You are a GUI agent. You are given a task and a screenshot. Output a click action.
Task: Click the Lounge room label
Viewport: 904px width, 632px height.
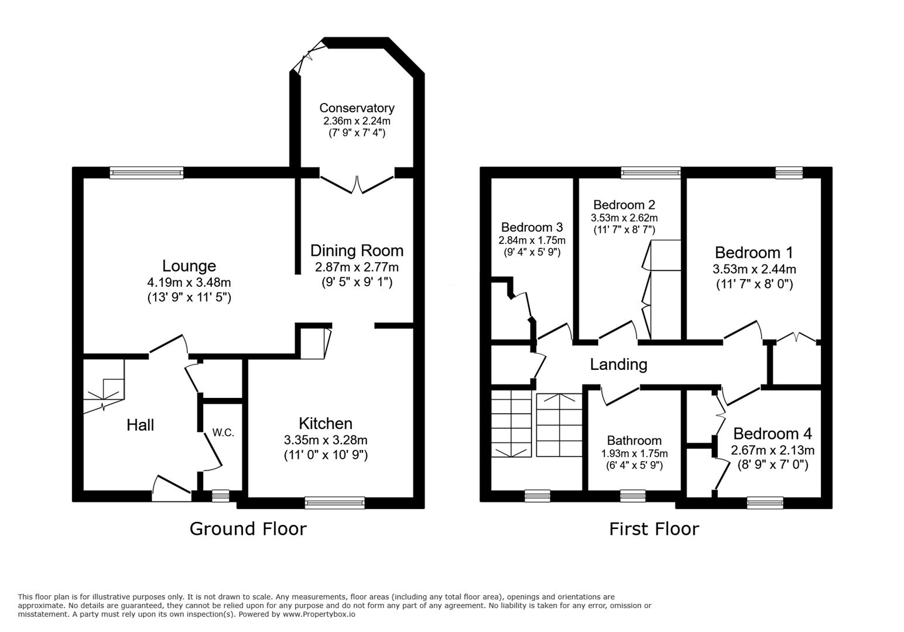click(189, 266)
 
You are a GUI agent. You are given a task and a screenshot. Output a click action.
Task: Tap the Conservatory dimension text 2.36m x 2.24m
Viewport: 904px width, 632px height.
click(357, 121)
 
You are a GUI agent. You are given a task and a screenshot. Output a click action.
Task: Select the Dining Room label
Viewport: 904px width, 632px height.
click(357, 250)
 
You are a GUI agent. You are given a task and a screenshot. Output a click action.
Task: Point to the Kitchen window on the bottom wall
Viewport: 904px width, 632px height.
click(334, 503)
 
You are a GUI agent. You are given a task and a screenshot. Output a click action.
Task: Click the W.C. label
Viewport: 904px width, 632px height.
click(223, 433)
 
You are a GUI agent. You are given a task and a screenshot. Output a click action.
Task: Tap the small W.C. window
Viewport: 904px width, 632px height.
click(220, 496)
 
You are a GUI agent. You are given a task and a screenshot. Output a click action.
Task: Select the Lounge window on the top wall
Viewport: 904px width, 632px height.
click(147, 173)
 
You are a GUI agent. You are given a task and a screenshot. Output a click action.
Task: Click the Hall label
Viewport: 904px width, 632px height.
click(141, 425)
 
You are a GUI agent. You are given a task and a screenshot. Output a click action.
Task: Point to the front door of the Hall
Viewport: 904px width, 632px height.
click(172, 489)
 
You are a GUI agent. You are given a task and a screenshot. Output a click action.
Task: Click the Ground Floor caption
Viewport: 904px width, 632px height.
click(248, 529)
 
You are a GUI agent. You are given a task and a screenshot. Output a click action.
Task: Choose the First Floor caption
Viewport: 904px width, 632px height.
click(654, 529)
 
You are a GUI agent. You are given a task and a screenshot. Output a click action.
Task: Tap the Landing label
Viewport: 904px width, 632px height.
click(619, 364)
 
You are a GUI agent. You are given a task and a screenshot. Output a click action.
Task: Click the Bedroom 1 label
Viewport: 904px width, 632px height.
click(754, 252)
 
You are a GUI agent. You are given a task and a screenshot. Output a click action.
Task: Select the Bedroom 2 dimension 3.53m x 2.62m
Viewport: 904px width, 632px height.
click(624, 218)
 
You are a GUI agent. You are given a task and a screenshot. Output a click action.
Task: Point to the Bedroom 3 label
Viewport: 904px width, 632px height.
click(532, 227)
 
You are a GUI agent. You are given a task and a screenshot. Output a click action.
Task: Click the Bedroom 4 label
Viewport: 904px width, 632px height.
click(772, 434)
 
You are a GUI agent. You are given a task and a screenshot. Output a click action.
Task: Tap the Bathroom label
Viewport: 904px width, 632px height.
click(635, 441)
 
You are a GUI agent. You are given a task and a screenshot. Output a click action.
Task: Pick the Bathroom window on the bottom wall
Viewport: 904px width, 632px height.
click(633, 496)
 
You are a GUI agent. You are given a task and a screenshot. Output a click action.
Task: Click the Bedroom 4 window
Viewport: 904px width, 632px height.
click(765, 503)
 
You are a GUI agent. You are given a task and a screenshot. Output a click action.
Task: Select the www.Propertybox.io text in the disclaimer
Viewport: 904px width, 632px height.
click(319, 614)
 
